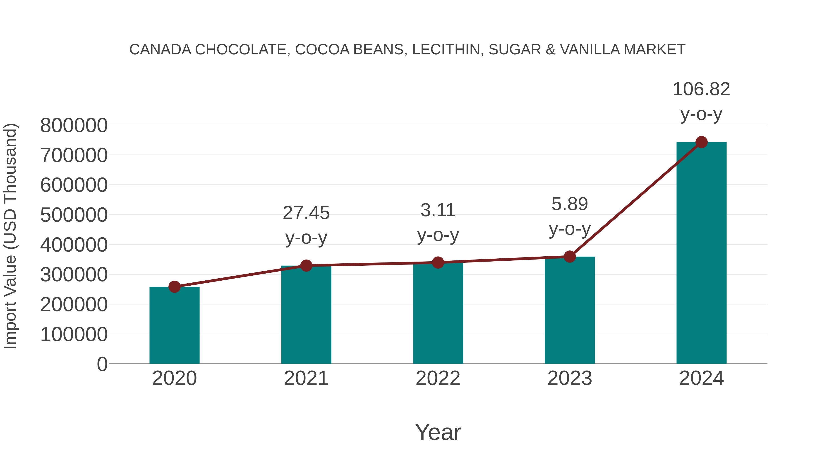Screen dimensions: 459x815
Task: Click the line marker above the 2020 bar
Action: (x=174, y=287)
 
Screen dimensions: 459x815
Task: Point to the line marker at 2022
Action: (x=438, y=263)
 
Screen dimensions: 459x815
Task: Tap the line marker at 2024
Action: (x=701, y=142)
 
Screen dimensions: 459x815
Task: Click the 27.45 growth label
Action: (x=306, y=213)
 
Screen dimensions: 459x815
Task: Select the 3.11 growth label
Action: (x=438, y=210)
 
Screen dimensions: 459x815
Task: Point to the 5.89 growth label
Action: (x=570, y=204)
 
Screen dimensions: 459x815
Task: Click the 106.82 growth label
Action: (x=701, y=89)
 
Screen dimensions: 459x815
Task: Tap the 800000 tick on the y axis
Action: (x=74, y=125)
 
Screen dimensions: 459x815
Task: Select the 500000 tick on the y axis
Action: (x=74, y=215)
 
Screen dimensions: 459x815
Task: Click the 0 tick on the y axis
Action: (x=102, y=364)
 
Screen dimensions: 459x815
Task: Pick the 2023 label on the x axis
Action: (x=570, y=378)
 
